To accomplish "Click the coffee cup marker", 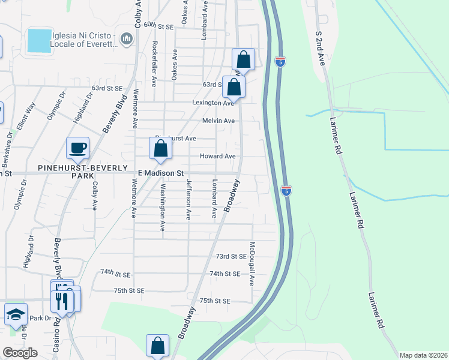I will click(x=78, y=148).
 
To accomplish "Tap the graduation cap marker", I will click(x=15, y=314).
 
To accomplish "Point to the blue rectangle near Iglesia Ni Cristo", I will click(x=40, y=40).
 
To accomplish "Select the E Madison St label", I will click(x=160, y=173).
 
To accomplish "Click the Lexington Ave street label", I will click(x=212, y=103).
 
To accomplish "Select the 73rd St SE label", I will click(x=231, y=256).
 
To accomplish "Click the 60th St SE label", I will click(x=158, y=26).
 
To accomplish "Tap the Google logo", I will click(x=20, y=353).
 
